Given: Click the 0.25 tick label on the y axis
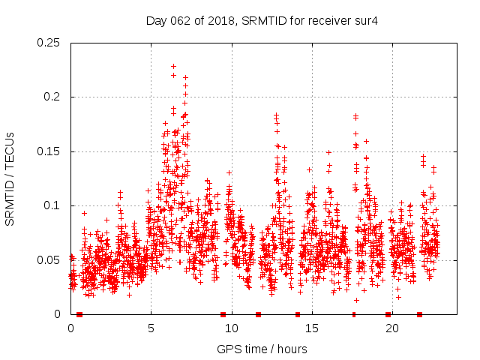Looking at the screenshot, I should click(49, 43).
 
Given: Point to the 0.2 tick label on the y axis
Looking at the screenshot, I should click(52, 97).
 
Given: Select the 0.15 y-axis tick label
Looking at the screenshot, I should click(49, 151).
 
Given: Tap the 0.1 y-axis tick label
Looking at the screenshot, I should click(52, 205).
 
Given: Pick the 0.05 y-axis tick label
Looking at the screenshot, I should click(49, 260).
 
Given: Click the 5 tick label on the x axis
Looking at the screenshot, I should click(151, 328).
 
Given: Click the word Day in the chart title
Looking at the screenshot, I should click(154, 21).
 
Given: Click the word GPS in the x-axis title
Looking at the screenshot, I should click(228, 349).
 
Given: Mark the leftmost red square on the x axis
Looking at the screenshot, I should click(79, 314).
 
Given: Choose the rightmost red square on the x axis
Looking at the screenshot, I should click(419, 314).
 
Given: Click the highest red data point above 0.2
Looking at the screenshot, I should click(173, 66).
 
